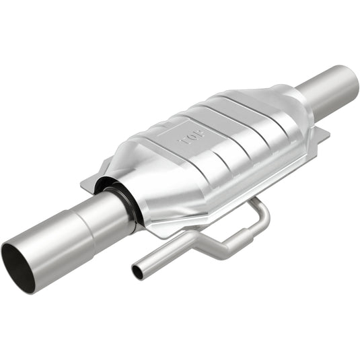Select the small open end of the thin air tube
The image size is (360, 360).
point(137,272)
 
